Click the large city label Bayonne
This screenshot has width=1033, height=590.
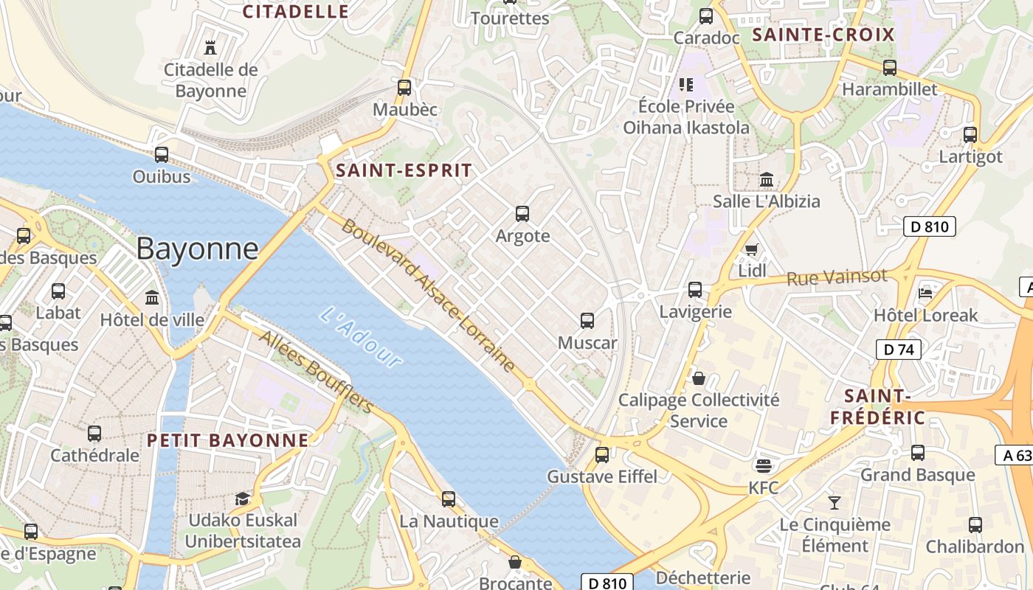[x=197, y=249]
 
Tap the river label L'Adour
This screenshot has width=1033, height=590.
[x=362, y=337]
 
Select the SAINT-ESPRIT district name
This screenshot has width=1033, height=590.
[x=404, y=170]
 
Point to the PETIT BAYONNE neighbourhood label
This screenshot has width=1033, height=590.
[x=228, y=440]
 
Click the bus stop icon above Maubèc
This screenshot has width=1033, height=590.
[x=404, y=87]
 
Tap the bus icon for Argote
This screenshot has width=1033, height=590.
[x=522, y=214]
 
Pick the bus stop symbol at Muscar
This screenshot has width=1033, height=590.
[x=587, y=321]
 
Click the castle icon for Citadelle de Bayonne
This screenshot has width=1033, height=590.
[x=210, y=48]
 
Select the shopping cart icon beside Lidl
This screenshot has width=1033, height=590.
[x=751, y=249]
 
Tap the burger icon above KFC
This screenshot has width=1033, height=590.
[x=763, y=465]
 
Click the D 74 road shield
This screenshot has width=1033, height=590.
[x=899, y=350]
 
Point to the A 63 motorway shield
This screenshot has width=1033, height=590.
[x=1017, y=455]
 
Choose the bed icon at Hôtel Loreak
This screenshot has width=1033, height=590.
[x=925, y=293]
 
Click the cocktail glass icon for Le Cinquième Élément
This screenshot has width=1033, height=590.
[x=835, y=502]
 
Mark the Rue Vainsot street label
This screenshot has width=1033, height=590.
[x=837, y=277]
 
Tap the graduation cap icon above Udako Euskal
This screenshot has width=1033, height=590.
[x=242, y=499]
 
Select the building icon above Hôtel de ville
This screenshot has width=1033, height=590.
[x=152, y=297]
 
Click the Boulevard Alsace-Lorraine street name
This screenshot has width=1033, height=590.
[x=428, y=295]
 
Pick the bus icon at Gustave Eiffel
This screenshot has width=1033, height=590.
[x=602, y=454]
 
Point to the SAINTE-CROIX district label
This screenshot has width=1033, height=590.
[x=823, y=35]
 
